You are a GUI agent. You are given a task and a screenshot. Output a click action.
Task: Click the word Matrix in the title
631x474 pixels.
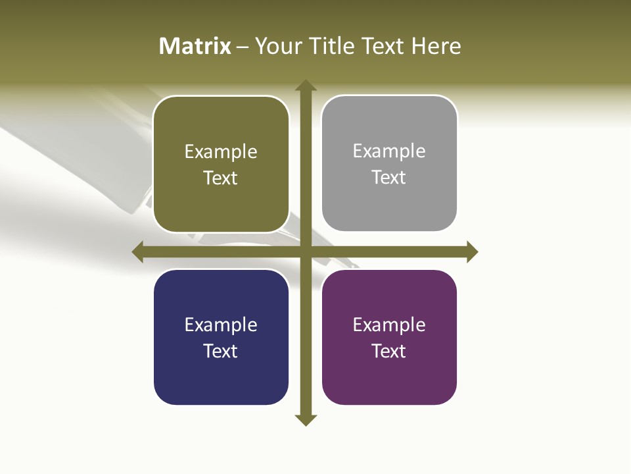tap(195, 46)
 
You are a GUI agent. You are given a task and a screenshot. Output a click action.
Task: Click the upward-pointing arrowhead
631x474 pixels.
tap(305, 86)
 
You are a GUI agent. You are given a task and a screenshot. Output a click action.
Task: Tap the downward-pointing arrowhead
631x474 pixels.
tap(305, 419)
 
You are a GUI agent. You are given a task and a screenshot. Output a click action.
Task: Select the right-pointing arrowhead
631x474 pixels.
tap(472, 251)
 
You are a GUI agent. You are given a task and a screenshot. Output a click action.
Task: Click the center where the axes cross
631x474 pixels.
tap(305, 251)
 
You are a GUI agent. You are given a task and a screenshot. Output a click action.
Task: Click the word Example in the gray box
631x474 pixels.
tap(389, 151)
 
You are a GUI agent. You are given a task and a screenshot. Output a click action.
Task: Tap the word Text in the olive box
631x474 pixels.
tap(221, 178)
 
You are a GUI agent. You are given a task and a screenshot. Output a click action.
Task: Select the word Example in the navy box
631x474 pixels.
tap(221, 325)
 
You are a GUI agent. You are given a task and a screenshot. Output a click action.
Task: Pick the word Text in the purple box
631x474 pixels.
tap(389, 351)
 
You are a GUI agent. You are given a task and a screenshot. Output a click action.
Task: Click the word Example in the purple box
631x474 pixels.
tap(389, 325)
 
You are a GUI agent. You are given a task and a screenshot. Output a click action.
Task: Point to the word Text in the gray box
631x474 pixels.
tap(389, 178)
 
